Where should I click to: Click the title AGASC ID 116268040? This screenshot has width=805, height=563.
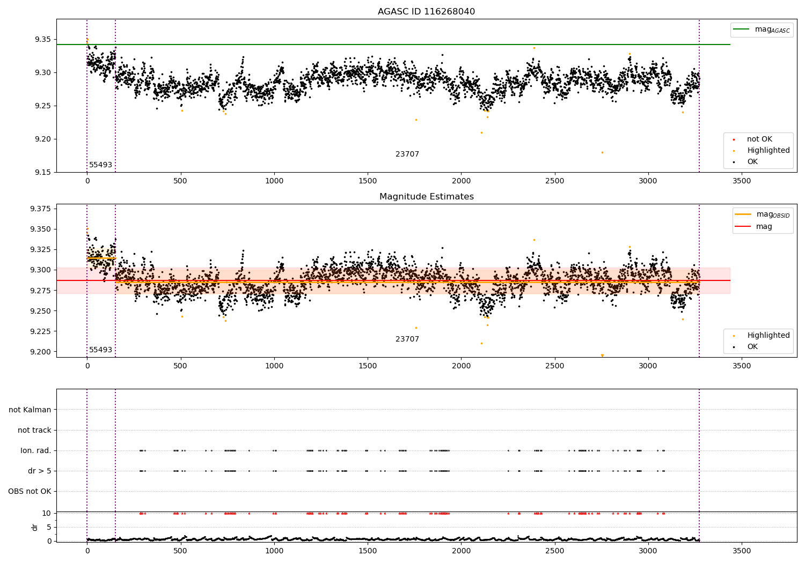click(426, 12)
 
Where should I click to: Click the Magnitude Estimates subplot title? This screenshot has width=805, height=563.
click(426, 197)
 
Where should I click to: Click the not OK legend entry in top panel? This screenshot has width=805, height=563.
click(759, 139)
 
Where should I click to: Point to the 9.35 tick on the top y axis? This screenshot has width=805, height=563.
click(42, 40)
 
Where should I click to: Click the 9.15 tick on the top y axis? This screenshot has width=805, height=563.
click(42, 173)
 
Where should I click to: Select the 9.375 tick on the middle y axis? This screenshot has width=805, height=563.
click(40, 209)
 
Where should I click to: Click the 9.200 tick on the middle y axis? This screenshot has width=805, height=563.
click(40, 352)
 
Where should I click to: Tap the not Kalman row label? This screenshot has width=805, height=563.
click(30, 410)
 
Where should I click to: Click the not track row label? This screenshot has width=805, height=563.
click(34, 431)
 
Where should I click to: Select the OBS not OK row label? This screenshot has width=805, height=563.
click(30, 492)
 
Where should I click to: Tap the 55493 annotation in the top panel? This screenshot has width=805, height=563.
click(100, 165)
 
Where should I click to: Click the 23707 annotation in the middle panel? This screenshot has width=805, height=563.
click(407, 339)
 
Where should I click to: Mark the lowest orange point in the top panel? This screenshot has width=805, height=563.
click(602, 153)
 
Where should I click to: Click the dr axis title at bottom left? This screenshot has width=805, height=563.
click(35, 527)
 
